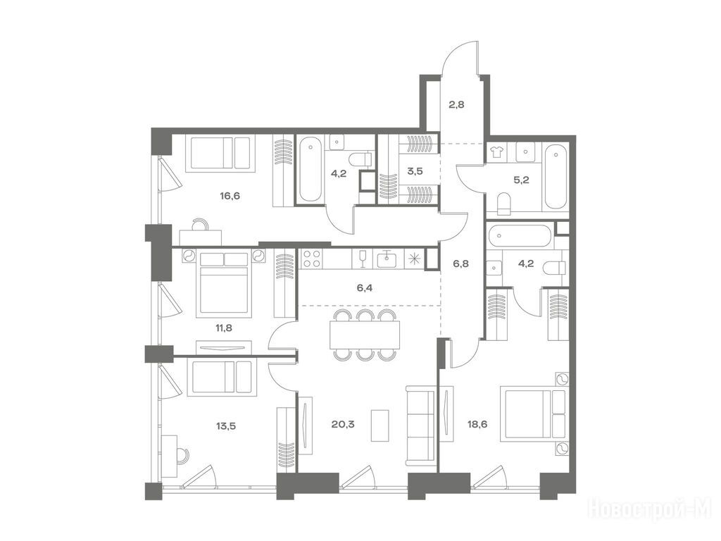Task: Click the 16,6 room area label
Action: [230, 196]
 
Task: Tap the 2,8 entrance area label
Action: [456, 104]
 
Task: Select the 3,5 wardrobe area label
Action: [415, 171]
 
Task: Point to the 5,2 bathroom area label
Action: [521, 180]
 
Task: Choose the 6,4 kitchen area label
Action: [364, 288]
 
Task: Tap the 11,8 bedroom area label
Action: [225, 328]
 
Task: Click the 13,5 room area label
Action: [226, 425]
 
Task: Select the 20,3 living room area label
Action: [343, 423]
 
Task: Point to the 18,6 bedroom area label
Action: [477, 423]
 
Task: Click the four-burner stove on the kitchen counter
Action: [312, 259]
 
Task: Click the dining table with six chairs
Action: [365, 335]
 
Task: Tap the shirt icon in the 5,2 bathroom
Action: [496, 152]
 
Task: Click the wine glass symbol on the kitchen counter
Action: [362, 259]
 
